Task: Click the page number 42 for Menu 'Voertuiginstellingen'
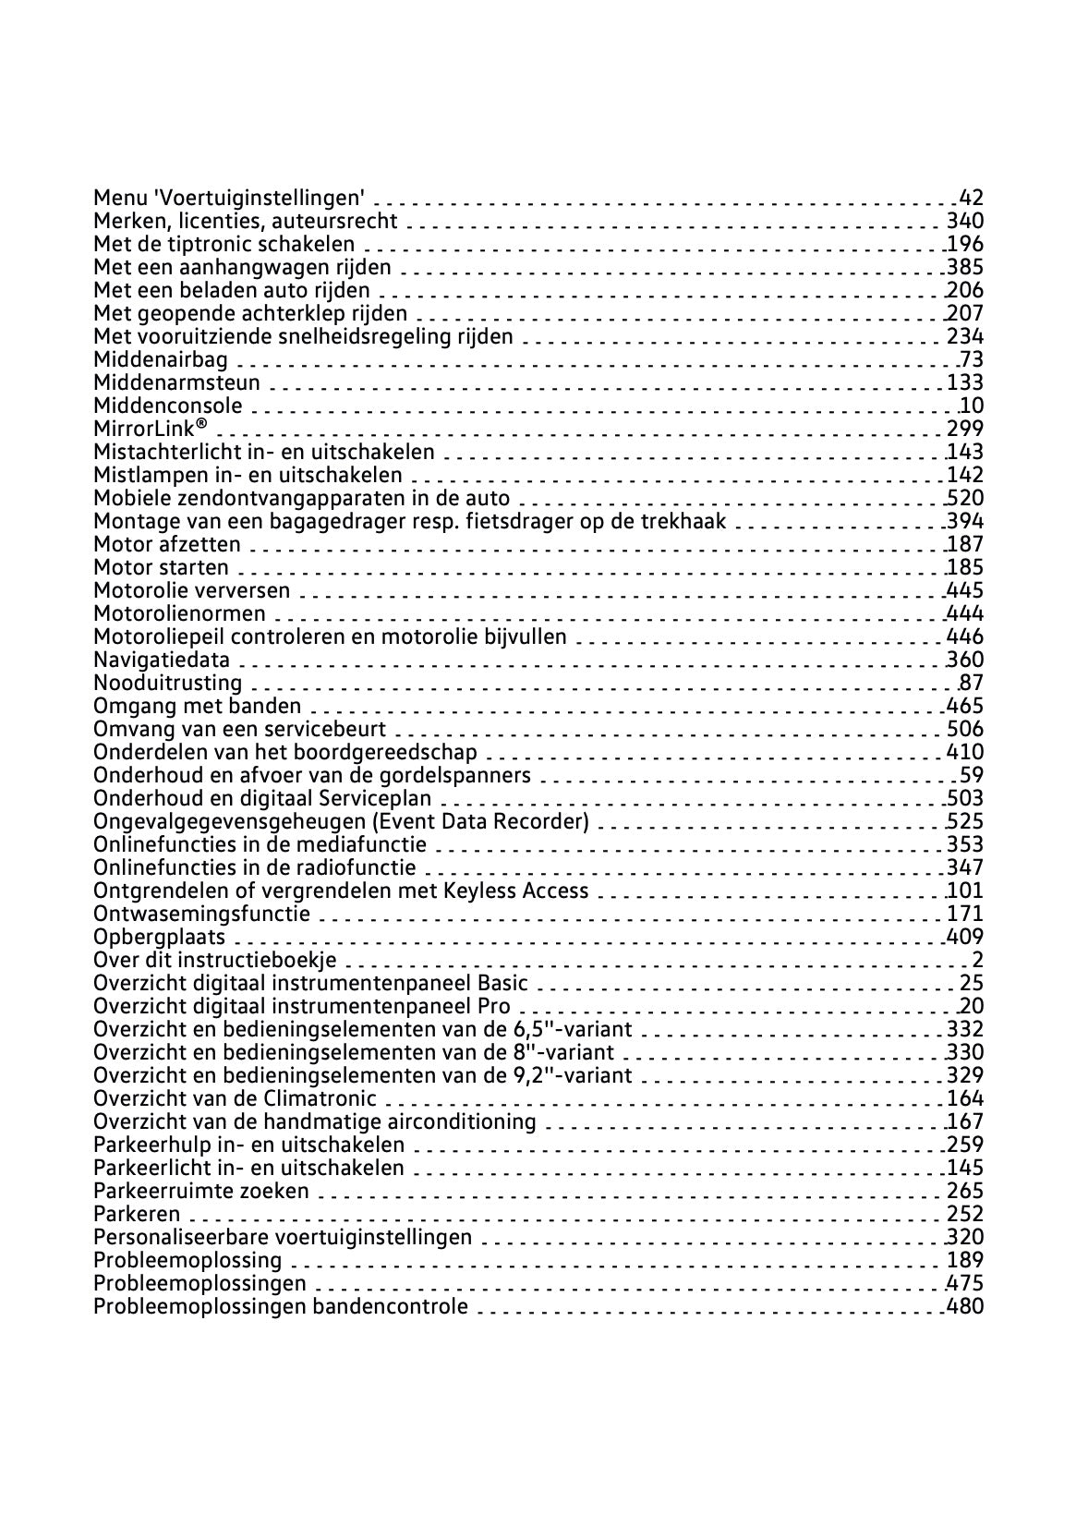[x=972, y=198]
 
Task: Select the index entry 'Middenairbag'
[x=161, y=359]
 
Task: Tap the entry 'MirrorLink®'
[x=151, y=429]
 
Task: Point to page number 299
[x=965, y=429]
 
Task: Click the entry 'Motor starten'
[x=162, y=567]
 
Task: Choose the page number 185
[x=965, y=567]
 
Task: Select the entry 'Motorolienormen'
[x=180, y=613]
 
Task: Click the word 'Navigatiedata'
[x=163, y=660]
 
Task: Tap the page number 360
[x=965, y=660]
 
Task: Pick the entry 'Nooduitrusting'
[x=168, y=683]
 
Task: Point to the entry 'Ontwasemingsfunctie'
[x=202, y=914]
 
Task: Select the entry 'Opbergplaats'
[x=160, y=937]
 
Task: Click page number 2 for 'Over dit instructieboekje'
[x=977, y=960]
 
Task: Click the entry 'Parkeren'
[x=138, y=1214]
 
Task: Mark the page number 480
[x=965, y=1306]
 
